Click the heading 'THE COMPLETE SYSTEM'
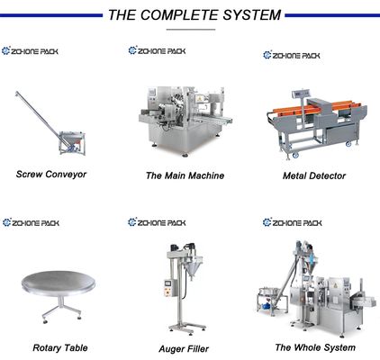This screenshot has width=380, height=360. [x=194, y=14]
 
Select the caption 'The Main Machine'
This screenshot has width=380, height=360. [x=185, y=175]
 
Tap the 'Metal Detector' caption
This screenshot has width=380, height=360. [x=314, y=175]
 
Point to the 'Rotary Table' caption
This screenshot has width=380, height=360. [x=59, y=346]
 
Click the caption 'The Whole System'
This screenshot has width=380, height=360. [x=314, y=346]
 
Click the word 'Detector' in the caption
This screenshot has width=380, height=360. [x=327, y=175]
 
